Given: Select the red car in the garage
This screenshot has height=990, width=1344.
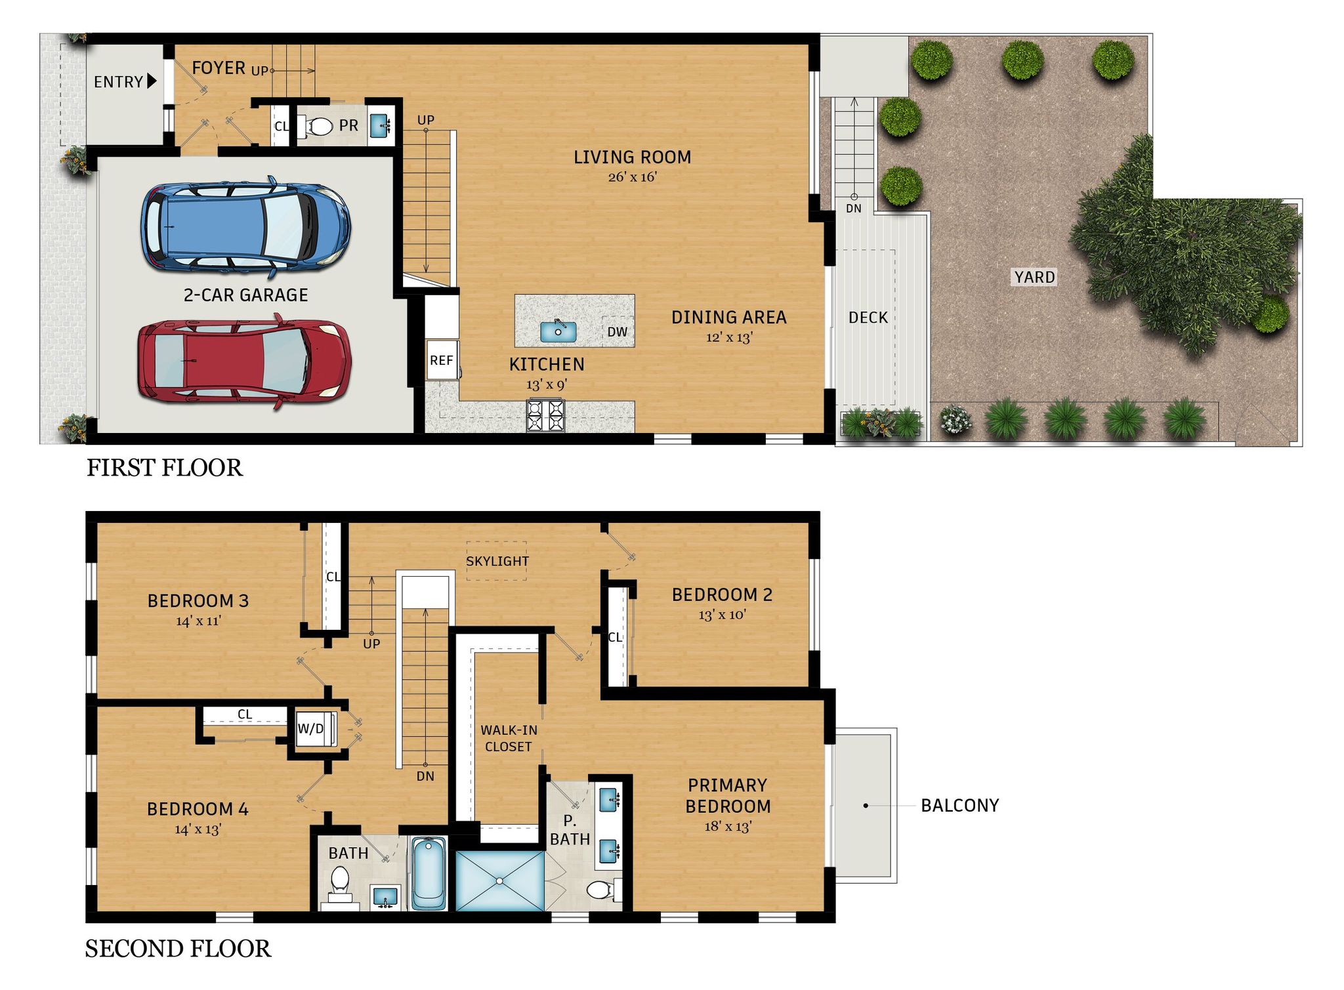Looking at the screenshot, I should (x=244, y=362).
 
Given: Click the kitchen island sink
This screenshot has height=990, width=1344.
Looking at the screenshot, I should (x=558, y=331).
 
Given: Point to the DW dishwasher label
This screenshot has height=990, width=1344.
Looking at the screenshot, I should (x=617, y=332).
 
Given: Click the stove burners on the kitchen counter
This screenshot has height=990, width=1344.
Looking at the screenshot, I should (x=545, y=415).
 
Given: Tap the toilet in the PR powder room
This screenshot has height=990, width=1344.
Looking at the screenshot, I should (x=319, y=126).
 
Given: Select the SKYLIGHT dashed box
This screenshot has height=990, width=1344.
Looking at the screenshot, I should (x=497, y=561).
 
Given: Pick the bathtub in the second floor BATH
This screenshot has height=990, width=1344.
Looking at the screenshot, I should (x=429, y=873).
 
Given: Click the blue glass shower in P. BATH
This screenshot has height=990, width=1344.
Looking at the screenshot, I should (x=499, y=880).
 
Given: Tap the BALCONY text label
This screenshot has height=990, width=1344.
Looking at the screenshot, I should (x=959, y=806).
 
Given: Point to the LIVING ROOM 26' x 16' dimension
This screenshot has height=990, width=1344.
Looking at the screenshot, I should (x=632, y=177).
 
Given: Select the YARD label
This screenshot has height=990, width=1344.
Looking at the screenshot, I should (x=1034, y=278).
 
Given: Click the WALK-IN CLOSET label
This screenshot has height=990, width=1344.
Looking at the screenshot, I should (x=509, y=738).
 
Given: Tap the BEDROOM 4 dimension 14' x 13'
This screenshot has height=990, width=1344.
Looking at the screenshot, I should (x=198, y=829).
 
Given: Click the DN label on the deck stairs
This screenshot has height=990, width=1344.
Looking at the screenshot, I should (x=853, y=209).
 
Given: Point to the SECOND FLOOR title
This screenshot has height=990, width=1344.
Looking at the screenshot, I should (x=178, y=949).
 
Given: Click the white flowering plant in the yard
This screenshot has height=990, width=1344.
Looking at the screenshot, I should (x=955, y=419).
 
